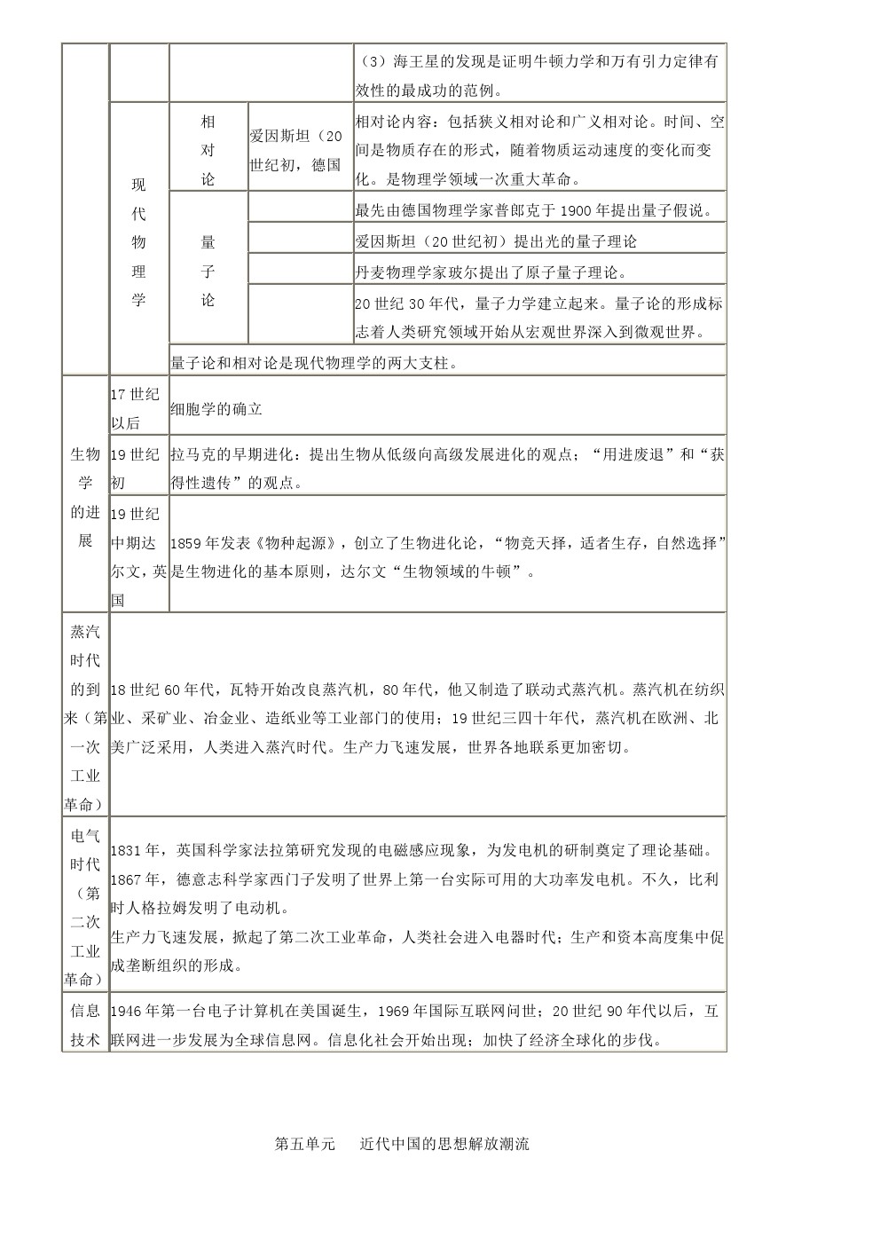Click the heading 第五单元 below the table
pos(305,1144)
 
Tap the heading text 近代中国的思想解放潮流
pos(444,1144)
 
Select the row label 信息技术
pos(85,1025)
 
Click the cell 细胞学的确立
pos(217,409)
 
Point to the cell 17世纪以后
pos(136,409)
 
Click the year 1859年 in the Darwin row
pos(192,543)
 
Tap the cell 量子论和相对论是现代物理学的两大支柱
pos(315,362)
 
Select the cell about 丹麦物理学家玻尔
pos(491,272)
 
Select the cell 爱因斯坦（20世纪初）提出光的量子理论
pos(496,240)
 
